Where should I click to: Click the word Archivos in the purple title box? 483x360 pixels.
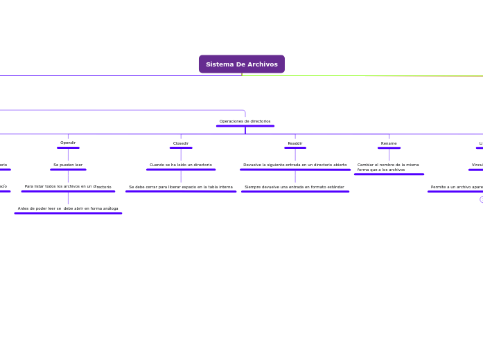263,64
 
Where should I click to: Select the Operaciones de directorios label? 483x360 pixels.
245,121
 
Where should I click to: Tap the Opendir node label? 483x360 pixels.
68,143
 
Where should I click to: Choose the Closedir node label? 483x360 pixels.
181,143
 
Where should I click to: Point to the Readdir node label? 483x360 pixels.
295,143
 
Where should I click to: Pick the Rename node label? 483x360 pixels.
389,143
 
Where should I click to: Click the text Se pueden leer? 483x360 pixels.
68,165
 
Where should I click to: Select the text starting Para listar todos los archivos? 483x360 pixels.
68,186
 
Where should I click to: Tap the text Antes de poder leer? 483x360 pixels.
68,208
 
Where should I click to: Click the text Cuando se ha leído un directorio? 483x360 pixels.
181,165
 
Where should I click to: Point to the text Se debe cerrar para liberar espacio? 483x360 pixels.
181,187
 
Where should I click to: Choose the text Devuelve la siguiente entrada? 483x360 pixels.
295,165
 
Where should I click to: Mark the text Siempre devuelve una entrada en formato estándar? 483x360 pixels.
295,187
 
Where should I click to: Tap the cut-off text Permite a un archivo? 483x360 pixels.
456,187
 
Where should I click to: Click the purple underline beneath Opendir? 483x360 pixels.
68,147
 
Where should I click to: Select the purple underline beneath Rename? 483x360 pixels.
389,147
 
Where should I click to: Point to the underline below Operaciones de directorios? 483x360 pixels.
245,126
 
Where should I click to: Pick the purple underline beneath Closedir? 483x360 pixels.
181,147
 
